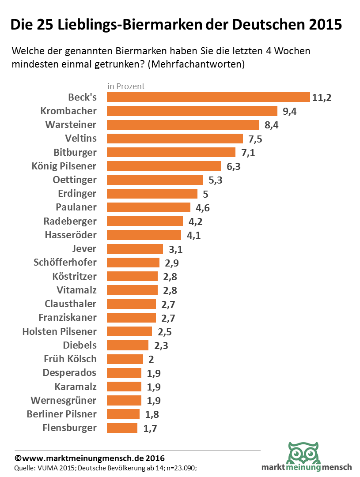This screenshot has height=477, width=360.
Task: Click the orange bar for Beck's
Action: click(208, 97)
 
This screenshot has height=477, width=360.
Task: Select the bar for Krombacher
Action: click(192, 111)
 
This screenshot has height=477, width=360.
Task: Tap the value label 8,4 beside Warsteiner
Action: click(271, 125)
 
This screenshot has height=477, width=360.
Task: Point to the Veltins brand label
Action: click(80, 139)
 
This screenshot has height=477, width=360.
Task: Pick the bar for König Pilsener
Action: click(163, 166)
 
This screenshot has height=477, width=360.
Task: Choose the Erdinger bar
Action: click(152, 194)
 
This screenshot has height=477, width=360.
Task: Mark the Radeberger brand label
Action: click(70, 221)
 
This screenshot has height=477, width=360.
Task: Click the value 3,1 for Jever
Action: click(175, 249)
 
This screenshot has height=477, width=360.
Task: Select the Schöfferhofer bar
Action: click(133, 263)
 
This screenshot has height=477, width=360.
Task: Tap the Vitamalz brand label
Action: click(76, 290)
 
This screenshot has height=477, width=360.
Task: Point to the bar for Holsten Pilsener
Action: click(129, 331)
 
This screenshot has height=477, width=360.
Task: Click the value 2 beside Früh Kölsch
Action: click(151, 359)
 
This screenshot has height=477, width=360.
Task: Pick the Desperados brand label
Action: click(69, 373)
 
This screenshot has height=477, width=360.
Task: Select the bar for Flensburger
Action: click(122, 428)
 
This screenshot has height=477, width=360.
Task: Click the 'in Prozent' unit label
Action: click(126, 86)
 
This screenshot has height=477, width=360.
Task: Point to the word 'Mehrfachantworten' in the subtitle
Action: click(196, 64)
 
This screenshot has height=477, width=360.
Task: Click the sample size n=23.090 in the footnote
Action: click(184, 468)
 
